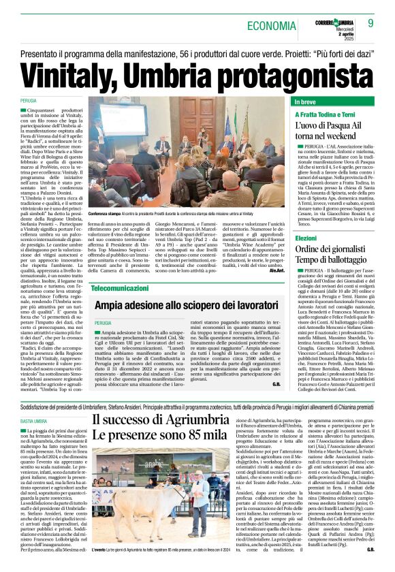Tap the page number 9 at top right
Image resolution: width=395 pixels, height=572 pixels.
click(371, 23)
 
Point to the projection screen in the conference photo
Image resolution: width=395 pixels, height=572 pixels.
click(123, 117)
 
